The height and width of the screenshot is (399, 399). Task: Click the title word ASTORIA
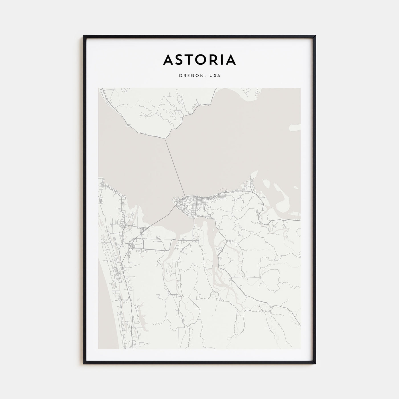pyautogui.click(x=199, y=60)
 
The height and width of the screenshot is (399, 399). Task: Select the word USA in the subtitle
pyautogui.click(x=215, y=76)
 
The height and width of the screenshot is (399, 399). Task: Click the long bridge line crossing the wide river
pyautogui.click(x=175, y=167)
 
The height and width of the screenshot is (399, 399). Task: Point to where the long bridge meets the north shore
pyautogui.click(x=165, y=139)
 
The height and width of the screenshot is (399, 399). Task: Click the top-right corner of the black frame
pyautogui.click(x=315, y=36)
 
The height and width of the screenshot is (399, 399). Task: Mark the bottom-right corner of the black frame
pyautogui.click(x=315, y=363)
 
